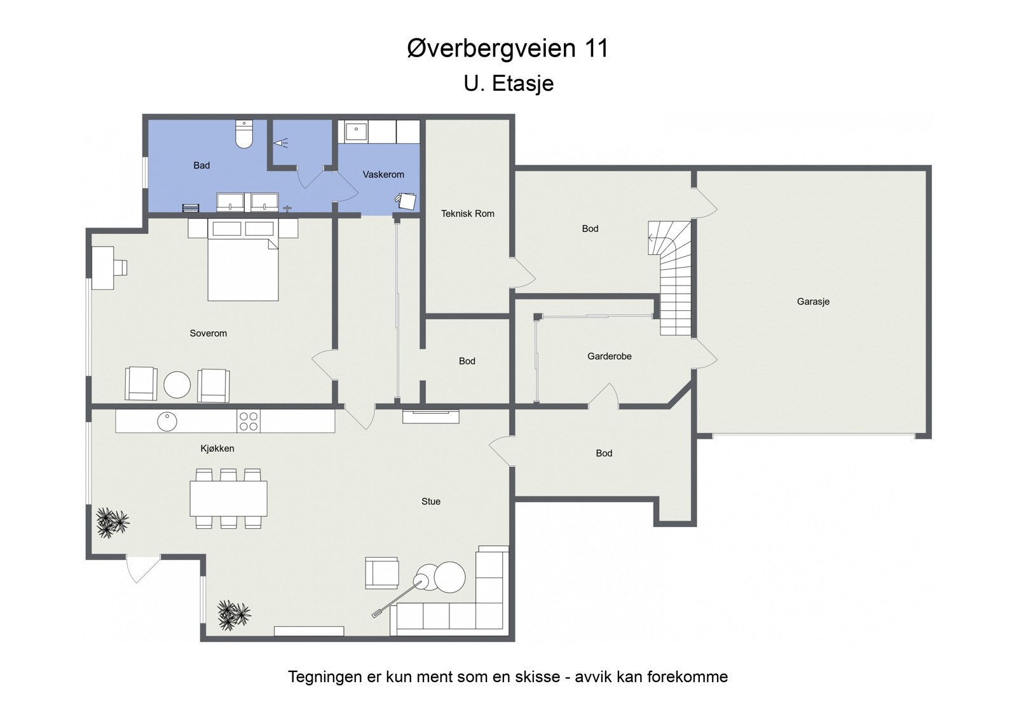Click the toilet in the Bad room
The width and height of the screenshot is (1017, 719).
tap(244, 134)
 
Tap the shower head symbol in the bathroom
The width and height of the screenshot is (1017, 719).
tap(281, 144)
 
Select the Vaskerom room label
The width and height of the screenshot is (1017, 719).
tap(383, 174)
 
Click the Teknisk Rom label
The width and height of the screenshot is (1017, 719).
tap(467, 214)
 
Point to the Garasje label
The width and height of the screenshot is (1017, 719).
tap(813, 302)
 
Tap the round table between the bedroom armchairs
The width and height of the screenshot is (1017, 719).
tap(177, 385)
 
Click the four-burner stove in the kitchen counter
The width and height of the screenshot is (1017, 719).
tap(249, 421)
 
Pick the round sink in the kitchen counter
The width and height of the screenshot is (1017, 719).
tap(167, 421)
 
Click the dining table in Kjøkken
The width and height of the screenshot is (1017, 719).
tap(228, 498)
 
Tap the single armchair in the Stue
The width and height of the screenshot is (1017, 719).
tap(381, 573)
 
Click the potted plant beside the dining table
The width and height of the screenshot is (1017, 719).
tap(112, 523)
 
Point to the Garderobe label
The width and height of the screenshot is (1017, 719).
tap(609, 357)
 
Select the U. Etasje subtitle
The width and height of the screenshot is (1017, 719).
tap(508, 83)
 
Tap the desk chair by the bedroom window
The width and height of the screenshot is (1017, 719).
tap(120, 268)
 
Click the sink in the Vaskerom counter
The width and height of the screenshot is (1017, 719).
tap(356, 132)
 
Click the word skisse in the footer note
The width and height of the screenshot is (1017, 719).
tap(534, 676)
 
